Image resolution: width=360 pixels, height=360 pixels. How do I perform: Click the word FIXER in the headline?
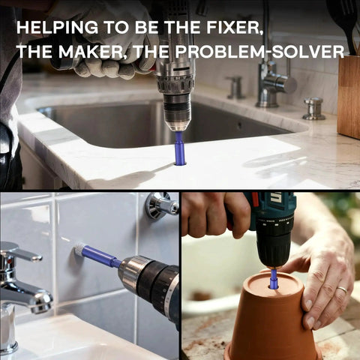pyautogui.click(x=235, y=27)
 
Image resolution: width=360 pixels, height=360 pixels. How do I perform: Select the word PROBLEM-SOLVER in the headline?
pyautogui.click(x=259, y=52)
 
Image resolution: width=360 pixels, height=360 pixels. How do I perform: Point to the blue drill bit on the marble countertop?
pyautogui.click(x=180, y=148)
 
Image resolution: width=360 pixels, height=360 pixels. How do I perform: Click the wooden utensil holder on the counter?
pyautogui.click(x=349, y=97)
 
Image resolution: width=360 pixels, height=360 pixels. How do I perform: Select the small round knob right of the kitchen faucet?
pyautogui.click(x=313, y=109)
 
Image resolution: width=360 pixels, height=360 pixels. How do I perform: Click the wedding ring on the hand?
pyautogui.click(x=343, y=289)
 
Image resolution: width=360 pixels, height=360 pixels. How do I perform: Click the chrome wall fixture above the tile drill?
pyautogui.click(x=162, y=205)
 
